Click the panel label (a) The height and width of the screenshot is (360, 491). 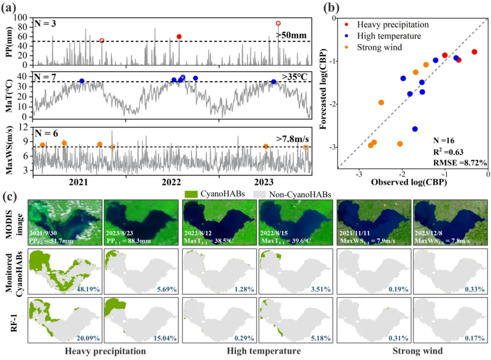(x=10, y=8)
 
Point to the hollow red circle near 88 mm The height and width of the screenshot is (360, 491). (x=278, y=23)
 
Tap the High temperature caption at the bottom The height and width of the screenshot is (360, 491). (x=258, y=351)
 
